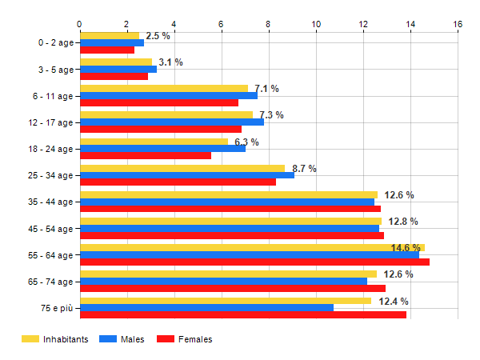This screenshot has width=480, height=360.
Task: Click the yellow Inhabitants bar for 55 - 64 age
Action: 252,248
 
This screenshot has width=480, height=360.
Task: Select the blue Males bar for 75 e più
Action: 206,307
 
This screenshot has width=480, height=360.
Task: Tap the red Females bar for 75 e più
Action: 243,314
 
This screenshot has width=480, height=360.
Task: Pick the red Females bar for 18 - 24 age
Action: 146,155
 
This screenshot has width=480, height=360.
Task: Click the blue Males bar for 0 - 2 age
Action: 112,42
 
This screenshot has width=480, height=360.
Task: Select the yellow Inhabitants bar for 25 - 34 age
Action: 182,168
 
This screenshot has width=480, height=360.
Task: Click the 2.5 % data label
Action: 158,36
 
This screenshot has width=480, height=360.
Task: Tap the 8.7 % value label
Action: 305,169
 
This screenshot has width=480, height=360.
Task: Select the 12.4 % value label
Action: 393,302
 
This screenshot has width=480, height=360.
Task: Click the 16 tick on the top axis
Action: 458,24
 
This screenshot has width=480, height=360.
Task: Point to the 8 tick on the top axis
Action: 269,24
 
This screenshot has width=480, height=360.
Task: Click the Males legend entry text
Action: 133,339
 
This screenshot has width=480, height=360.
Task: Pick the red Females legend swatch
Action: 166,339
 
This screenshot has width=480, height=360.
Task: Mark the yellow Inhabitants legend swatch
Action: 30,339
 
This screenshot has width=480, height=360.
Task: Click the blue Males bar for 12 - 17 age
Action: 172,122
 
